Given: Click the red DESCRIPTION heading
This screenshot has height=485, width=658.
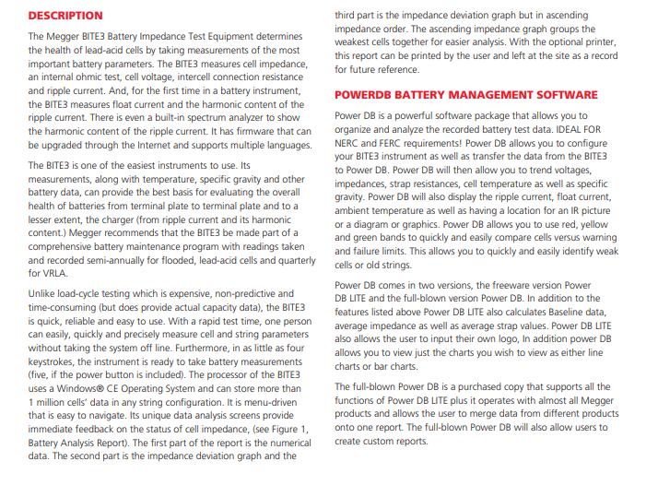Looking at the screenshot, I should [65, 16].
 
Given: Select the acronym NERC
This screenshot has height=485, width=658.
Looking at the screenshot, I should [351, 144].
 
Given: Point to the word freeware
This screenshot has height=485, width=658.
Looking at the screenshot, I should [506, 286].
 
